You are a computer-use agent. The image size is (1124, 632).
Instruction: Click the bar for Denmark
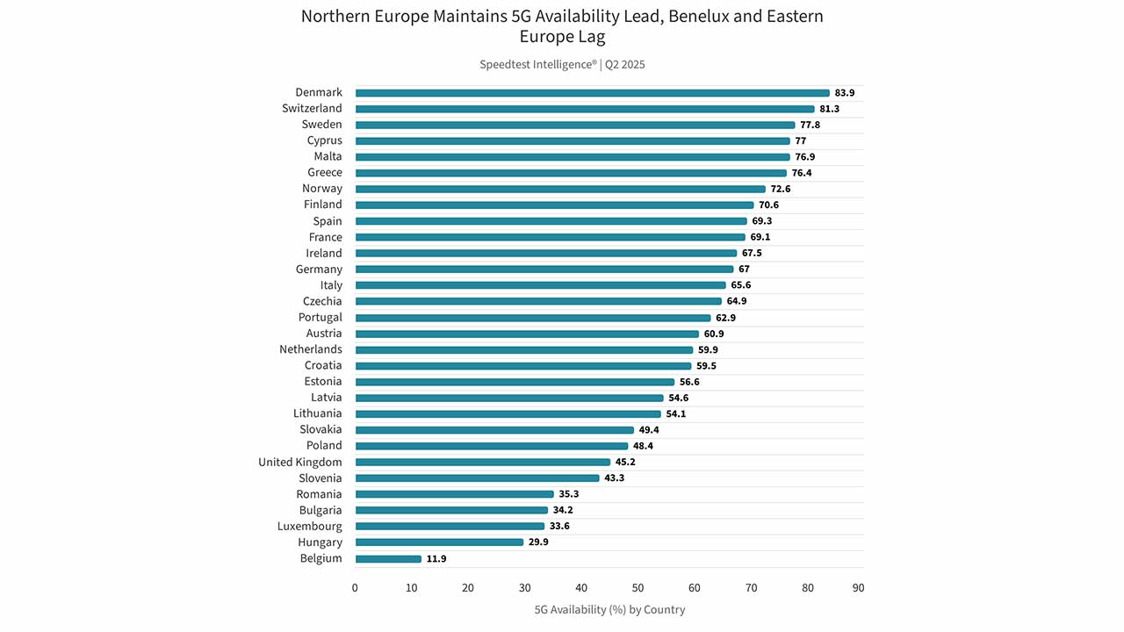[592, 93]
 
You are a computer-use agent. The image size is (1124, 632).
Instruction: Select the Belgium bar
[388, 559]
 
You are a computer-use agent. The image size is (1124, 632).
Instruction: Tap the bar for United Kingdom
[483, 462]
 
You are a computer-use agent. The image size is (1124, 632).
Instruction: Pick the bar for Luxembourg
[450, 526]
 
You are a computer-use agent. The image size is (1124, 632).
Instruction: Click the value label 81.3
[829, 109]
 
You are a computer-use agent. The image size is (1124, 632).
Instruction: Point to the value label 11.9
[436, 559]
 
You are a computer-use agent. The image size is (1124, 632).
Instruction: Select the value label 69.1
[760, 237]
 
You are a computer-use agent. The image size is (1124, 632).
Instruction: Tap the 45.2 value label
[625, 462]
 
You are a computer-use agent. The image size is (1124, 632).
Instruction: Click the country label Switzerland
[312, 108]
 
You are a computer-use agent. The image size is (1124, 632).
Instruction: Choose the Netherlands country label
[311, 349]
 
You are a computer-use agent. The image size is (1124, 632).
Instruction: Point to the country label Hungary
[320, 542]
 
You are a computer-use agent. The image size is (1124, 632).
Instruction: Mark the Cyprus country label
[324, 140]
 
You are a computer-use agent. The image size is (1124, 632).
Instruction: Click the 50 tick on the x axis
[638, 588]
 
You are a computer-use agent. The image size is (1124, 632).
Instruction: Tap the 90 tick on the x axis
[858, 588]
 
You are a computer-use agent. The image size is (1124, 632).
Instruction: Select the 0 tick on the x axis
[355, 588]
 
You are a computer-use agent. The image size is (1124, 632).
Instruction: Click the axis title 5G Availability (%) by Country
[609, 609]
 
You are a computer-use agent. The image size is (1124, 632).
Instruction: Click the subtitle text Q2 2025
[624, 65]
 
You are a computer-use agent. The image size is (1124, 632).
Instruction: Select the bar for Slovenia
[477, 478]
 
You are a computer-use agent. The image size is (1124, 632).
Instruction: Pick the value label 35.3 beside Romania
[568, 494]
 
